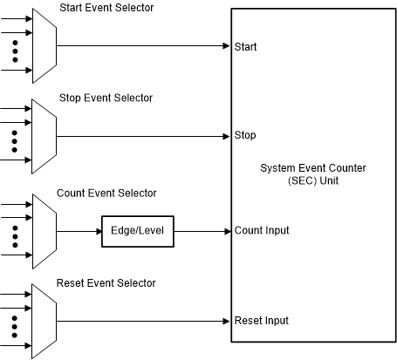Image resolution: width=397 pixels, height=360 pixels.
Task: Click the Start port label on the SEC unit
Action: (x=246, y=45)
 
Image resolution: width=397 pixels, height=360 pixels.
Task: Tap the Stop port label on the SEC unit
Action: (x=245, y=135)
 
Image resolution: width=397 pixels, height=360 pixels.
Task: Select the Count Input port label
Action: (x=262, y=231)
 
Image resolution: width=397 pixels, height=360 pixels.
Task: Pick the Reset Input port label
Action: (x=262, y=321)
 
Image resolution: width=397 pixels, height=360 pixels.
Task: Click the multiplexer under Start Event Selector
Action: (x=44, y=45)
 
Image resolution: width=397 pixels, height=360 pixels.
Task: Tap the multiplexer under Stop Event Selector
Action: (x=44, y=135)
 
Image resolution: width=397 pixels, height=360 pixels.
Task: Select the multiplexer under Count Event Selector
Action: (x=44, y=231)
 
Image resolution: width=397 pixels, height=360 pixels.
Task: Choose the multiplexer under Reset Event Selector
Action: (x=44, y=321)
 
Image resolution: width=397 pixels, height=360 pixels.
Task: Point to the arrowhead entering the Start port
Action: (x=225, y=45)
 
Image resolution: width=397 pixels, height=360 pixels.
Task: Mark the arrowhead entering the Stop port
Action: (x=225, y=135)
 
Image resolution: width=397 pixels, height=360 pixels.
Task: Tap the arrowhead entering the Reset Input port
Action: (x=225, y=321)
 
